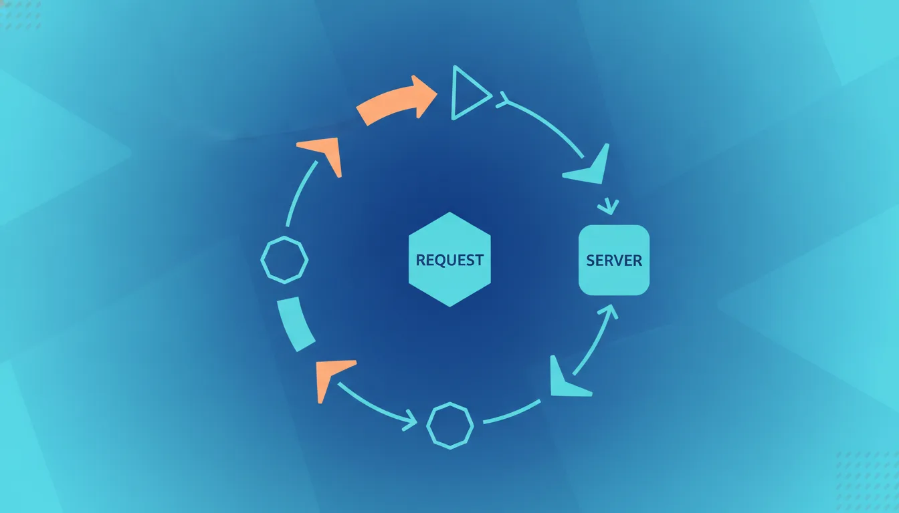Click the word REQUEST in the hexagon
[x=449, y=260]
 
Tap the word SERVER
[x=614, y=261]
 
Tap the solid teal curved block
[x=296, y=324]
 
